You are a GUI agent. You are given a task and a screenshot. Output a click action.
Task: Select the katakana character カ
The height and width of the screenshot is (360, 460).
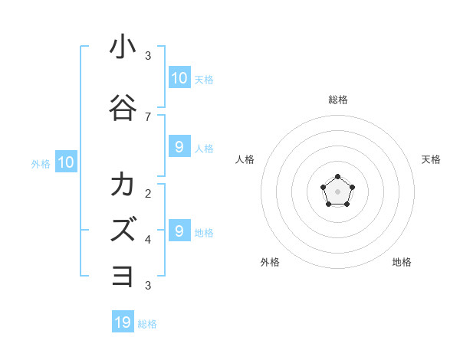tap(123, 185)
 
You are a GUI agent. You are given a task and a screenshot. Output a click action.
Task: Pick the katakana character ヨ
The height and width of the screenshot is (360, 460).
tap(123, 277)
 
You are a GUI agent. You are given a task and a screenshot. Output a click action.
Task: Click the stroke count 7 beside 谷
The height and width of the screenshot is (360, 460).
tap(148, 117)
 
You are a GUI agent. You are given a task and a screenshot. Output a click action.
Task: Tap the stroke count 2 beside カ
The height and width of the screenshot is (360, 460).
tap(148, 193)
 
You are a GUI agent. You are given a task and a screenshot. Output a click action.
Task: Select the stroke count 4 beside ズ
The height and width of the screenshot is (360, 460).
tap(148, 240)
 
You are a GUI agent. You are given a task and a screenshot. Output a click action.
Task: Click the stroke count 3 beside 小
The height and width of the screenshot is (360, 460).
tap(148, 55)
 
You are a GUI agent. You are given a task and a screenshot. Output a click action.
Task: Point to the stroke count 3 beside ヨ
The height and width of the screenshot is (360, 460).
tap(148, 286)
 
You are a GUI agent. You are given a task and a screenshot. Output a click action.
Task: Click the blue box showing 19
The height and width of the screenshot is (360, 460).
tap(123, 322)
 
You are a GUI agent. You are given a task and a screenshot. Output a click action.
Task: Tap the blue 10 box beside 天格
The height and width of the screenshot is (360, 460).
tap(179, 78)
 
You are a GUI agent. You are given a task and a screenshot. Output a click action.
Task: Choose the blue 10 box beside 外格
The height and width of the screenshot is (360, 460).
tap(65, 162)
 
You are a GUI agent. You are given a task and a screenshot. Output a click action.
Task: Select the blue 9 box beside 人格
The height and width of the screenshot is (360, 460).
tap(179, 147)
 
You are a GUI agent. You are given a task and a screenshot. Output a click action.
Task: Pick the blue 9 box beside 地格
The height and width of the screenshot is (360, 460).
tap(179, 231)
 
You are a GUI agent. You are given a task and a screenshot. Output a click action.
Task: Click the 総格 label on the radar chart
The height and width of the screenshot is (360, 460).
tap(337, 100)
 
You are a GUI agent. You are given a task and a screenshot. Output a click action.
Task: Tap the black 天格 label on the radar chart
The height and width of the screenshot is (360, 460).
tap(432, 159)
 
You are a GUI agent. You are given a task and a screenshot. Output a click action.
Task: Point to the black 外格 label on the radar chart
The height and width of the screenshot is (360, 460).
tap(270, 262)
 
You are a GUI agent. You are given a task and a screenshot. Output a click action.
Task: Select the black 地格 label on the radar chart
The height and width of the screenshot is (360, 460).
tap(402, 262)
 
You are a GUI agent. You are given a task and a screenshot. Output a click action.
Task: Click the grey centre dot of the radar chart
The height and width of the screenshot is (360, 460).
tap(337, 191)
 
